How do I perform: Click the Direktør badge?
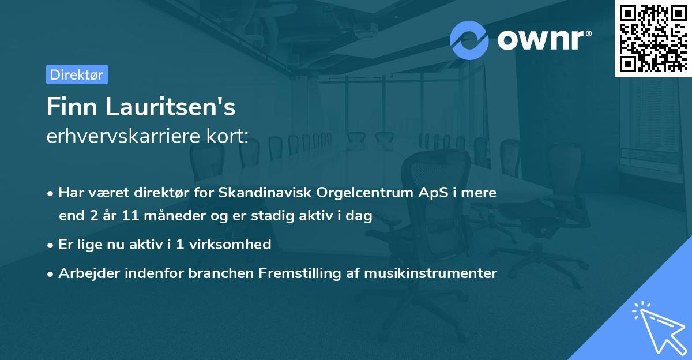[77, 74]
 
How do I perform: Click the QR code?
[652, 38]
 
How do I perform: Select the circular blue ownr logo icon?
[469, 40]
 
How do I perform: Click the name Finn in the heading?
[69, 107]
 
